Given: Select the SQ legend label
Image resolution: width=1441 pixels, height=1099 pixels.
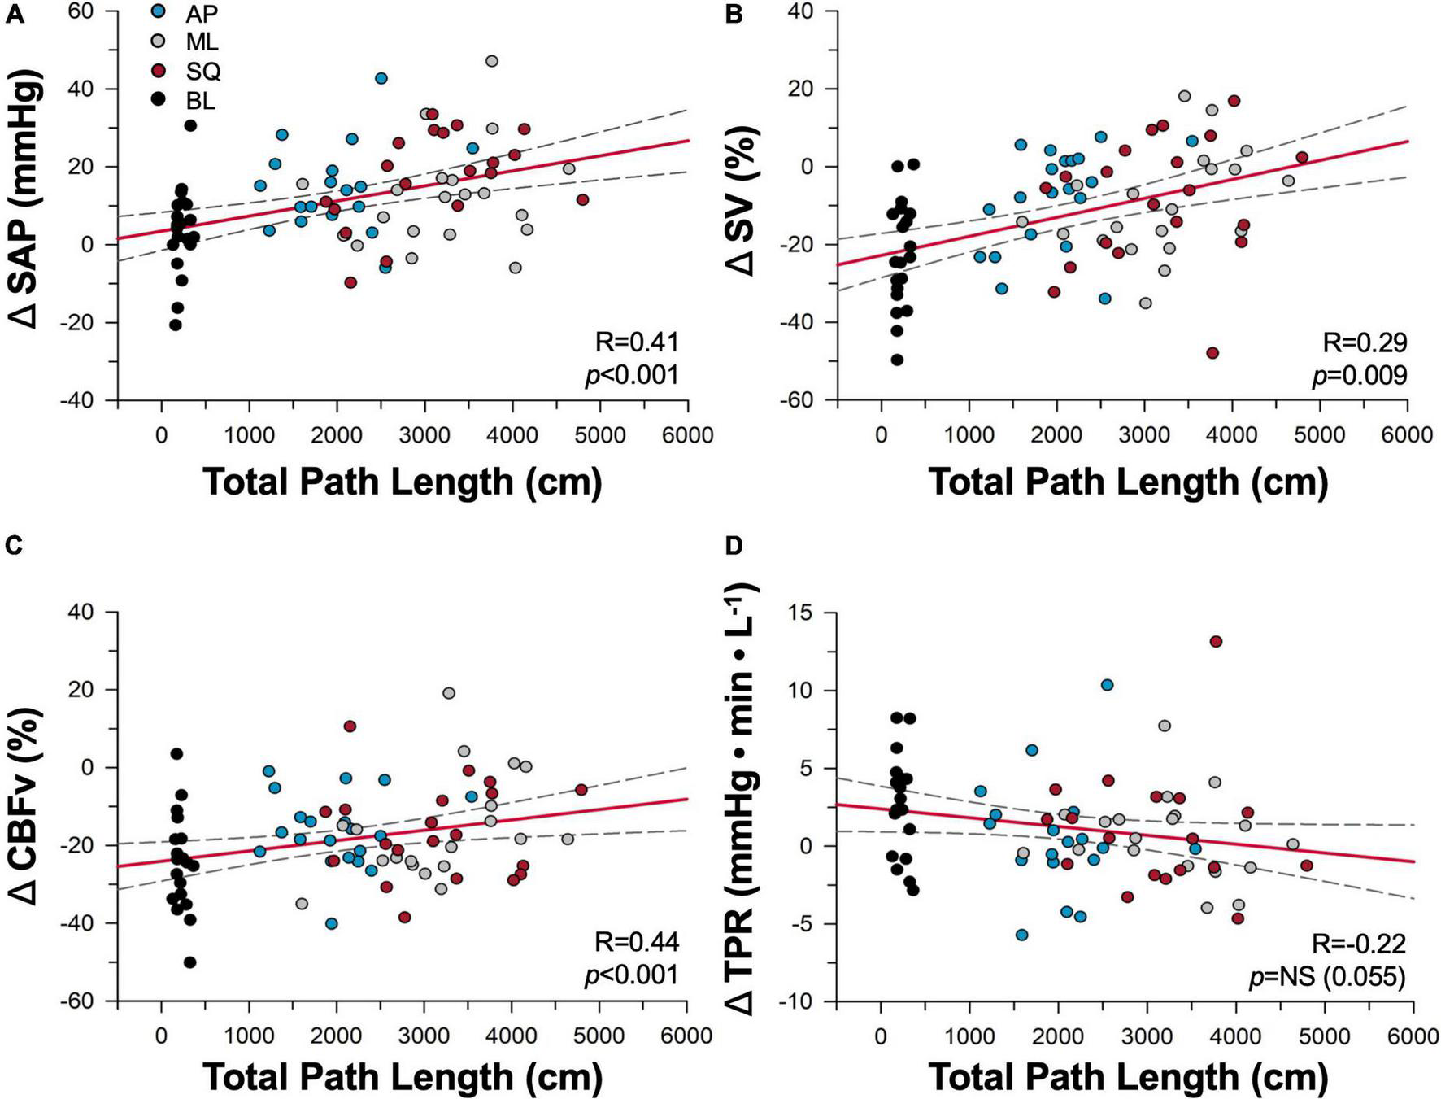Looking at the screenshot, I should pos(203,72).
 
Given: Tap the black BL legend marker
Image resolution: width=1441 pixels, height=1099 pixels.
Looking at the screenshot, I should pos(159,101).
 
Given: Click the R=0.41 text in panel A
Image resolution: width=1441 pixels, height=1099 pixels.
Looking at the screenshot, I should pos(637,342).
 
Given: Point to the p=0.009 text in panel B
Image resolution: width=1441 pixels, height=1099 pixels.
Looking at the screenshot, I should pos(1359,375).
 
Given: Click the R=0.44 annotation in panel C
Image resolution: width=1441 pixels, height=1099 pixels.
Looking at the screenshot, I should pos(637,942).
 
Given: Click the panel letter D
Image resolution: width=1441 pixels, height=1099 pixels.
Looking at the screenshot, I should pos(734,546).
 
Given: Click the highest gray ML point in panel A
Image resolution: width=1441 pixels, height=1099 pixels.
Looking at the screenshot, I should pos(492,61).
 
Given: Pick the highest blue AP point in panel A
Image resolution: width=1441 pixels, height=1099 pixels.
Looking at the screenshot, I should pos(381,78).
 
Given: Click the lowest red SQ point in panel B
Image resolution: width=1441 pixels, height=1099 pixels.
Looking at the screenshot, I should pos(1212,353).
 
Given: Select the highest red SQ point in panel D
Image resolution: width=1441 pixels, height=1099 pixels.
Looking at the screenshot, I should pos(1216,641).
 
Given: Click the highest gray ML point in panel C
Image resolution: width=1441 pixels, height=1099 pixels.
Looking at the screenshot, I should pos(448,693).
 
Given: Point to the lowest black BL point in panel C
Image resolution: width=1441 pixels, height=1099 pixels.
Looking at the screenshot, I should pos(190,962).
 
